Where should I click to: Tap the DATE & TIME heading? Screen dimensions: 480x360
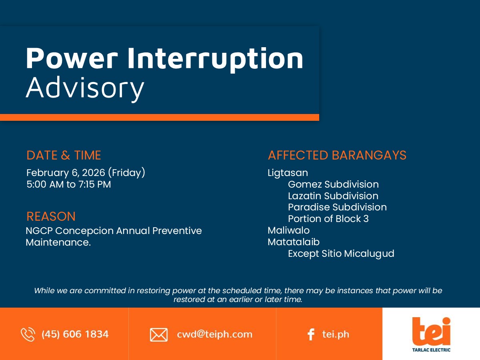[x=64, y=155]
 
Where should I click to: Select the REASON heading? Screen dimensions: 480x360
[x=51, y=216]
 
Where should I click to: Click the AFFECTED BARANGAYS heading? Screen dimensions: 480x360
[x=337, y=155]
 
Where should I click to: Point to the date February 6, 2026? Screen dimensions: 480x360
[x=66, y=173]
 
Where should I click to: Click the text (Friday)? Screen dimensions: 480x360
[x=127, y=173]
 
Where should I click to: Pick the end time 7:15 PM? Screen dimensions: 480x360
[x=94, y=184]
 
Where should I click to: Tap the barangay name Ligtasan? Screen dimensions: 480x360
[x=288, y=173]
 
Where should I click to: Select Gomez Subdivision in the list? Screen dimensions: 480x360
[x=333, y=184]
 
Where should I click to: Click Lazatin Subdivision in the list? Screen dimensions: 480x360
[x=333, y=196]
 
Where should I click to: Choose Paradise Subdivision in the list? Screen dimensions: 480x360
[x=337, y=207]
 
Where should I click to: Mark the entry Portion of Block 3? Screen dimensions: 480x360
[x=328, y=219]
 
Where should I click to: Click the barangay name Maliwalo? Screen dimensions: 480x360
[x=289, y=230]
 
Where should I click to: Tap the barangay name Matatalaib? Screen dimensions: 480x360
[x=294, y=242]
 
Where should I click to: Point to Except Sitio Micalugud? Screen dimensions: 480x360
[x=341, y=254]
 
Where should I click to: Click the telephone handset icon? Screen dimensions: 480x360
[x=28, y=334]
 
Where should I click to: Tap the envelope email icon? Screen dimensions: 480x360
[x=159, y=335]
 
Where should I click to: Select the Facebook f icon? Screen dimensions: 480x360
[x=311, y=334]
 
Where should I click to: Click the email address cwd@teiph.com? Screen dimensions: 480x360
[x=214, y=334]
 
